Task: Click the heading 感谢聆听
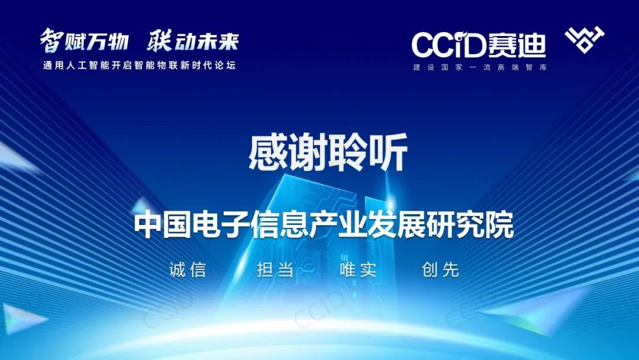[x=328, y=153]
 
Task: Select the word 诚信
[x=188, y=269]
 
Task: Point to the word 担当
[x=276, y=269]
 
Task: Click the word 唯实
[x=358, y=269]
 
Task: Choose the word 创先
[x=441, y=269]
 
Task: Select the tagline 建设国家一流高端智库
[x=480, y=67]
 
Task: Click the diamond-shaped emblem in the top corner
[x=585, y=39]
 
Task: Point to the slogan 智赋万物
[x=85, y=40]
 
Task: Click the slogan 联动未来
[x=193, y=40]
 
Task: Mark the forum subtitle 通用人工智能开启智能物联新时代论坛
[x=140, y=65]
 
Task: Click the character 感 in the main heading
[x=268, y=153]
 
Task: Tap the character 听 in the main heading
[x=388, y=153]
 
